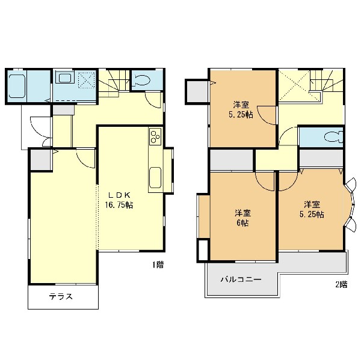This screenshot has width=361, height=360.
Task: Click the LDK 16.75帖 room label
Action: click(119, 200)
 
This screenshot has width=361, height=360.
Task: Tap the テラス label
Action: click(61, 296)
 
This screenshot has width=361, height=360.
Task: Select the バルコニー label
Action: click(241, 279)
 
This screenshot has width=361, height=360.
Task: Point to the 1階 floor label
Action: click(158, 265)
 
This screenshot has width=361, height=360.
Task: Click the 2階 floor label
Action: click(341, 284)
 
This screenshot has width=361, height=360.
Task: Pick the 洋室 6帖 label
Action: click(242, 218)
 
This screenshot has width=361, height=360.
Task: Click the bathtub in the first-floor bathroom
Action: click(17, 87)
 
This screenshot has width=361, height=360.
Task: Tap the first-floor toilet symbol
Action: click(141, 80)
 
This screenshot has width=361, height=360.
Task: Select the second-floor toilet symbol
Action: click(333, 137)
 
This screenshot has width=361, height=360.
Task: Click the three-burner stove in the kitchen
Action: click(155, 136)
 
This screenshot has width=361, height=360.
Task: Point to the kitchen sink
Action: click(155, 177)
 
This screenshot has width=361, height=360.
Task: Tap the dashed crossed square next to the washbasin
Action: click(86, 79)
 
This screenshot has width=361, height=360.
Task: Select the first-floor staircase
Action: click(114, 83)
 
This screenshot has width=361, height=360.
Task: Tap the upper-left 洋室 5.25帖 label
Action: click(241, 110)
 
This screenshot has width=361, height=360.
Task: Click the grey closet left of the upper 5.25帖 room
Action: click(197, 91)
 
